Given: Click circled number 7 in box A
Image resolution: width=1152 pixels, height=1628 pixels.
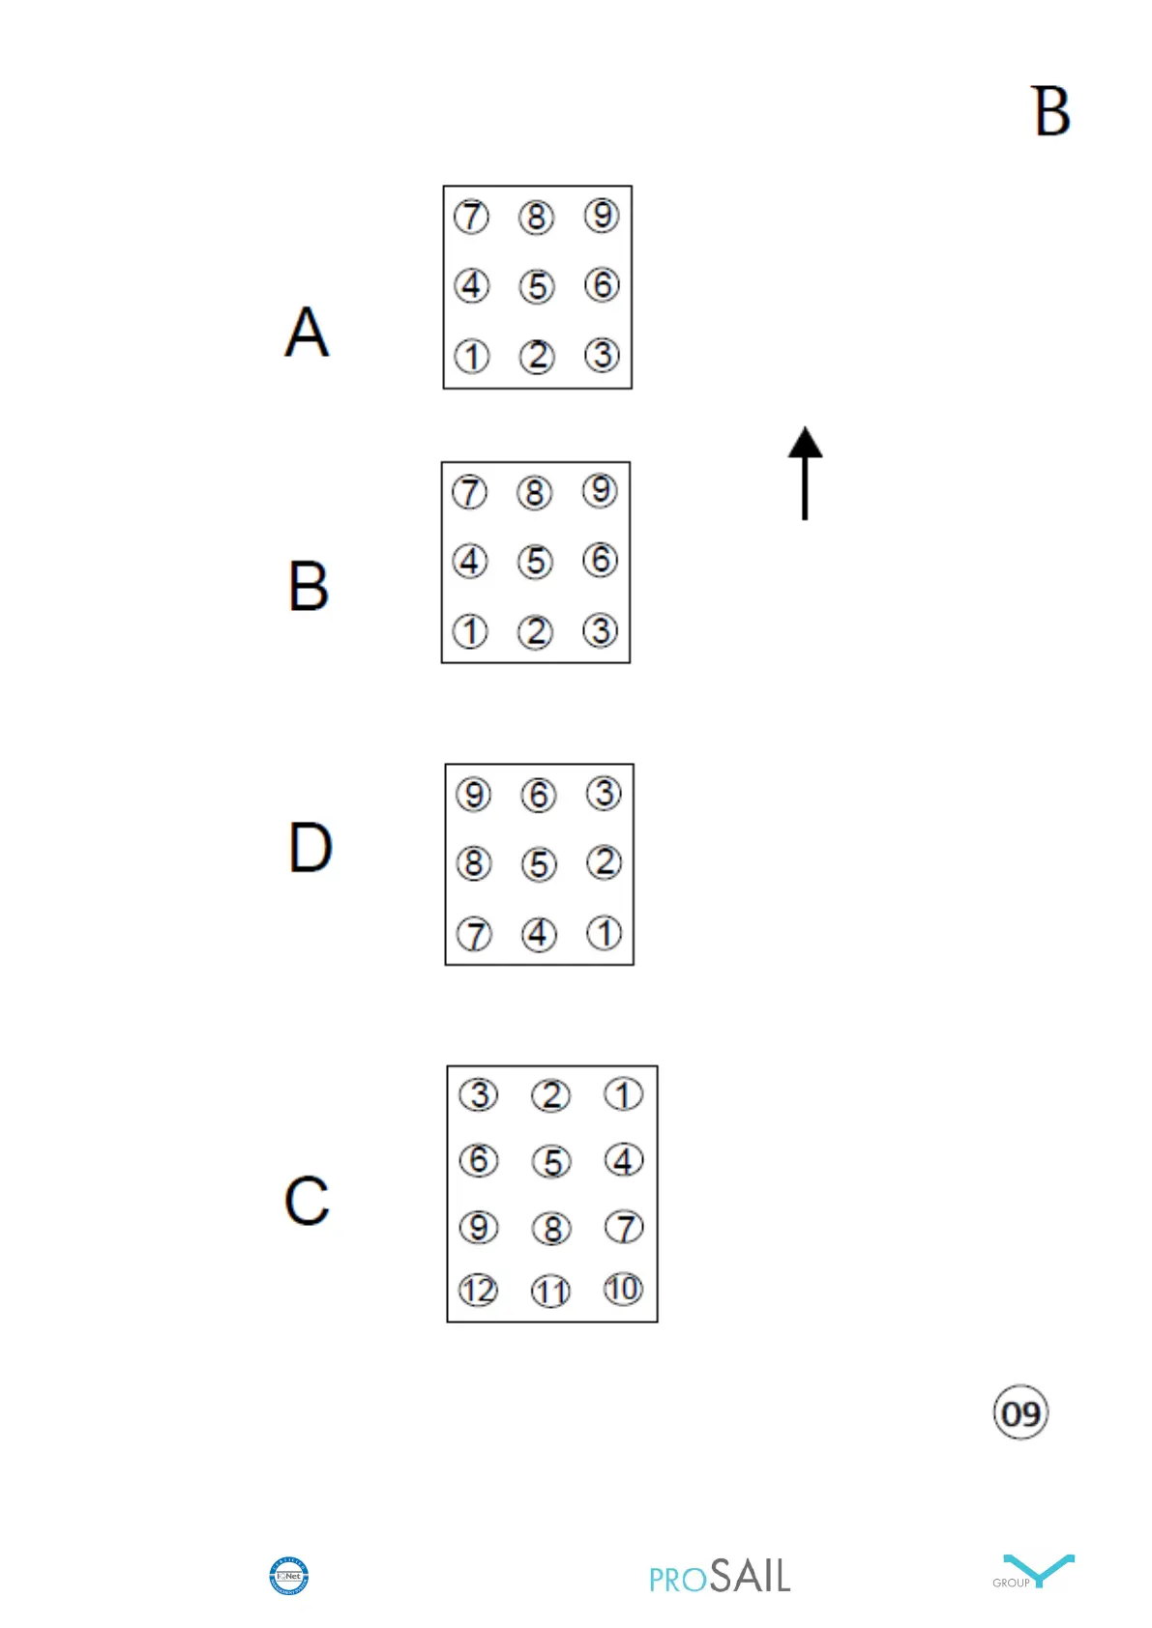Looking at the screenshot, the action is tap(472, 217).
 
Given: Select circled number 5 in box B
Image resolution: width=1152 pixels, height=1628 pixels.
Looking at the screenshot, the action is tap(536, 562).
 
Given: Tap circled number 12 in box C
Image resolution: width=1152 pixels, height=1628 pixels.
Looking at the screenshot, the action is tap(479, 1290).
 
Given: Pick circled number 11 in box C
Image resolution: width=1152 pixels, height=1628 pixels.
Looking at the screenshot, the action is tap(551, 1292).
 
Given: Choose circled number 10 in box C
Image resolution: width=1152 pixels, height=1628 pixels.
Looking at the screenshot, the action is tap(624, 1288).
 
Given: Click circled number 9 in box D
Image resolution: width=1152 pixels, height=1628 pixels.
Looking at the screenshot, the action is tap(474, 795).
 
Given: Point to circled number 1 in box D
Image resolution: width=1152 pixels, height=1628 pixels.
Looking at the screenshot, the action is tap(605, 933).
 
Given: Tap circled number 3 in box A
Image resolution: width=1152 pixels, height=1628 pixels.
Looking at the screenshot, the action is tap(602, 355).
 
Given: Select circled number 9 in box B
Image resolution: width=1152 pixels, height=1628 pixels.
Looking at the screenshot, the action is tap(600, 490).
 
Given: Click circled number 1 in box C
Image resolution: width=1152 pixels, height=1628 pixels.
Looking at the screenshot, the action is tap(624, 1094).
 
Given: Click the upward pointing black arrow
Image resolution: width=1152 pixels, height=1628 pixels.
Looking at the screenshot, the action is tap(805, 473).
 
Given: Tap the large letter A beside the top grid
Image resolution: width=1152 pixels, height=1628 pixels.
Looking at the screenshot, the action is tap(308, 332).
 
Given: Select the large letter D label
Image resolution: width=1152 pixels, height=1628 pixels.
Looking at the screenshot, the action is tap(310, 847).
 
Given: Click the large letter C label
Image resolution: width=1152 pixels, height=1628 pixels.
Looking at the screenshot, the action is tap(308, 1201).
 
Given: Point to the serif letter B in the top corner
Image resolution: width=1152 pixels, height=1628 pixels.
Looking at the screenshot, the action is tap(1050, 111).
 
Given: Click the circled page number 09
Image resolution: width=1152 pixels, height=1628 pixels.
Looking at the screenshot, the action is tap(1020, 1413).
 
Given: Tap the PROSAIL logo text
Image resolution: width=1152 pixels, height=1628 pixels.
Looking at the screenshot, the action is tap(720, 1577).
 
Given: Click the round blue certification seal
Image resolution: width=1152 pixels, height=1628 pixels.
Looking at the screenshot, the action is tap(288, 1576).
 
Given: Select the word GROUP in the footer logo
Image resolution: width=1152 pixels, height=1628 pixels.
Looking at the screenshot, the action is tap(1011, 1583).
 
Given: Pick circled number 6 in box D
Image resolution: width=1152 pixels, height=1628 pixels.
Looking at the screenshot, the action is tap(539, 795).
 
